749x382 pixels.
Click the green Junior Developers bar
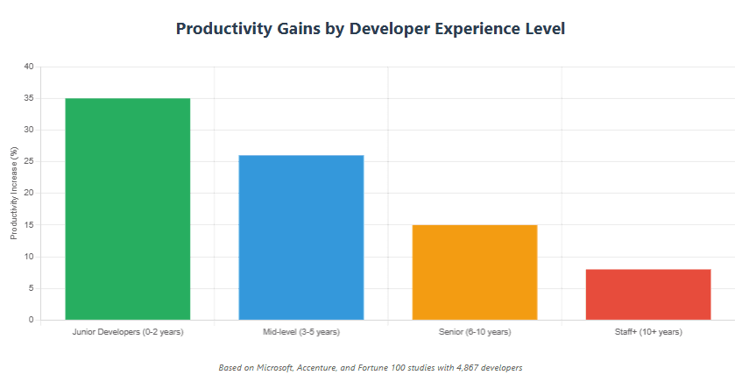point(128,209)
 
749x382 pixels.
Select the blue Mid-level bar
point(301,237)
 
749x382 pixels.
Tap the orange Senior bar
point(475,272)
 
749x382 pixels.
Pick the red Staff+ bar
point(648,294)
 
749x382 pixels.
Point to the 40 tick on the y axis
point(29,67)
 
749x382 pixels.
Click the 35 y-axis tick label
point(29,98)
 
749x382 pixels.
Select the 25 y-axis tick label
point(29,161)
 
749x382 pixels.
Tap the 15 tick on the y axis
point(29,225)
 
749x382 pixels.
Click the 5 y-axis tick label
point(31,288)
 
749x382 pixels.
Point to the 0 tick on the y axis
point(31,320)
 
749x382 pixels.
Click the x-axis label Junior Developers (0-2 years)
point(128,332)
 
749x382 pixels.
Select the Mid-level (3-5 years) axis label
point(301,332)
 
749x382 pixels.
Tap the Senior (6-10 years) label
point(475,332)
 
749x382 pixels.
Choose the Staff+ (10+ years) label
point(648,332)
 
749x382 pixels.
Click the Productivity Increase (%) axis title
point(13,194)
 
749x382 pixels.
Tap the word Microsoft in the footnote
point(276,368)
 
